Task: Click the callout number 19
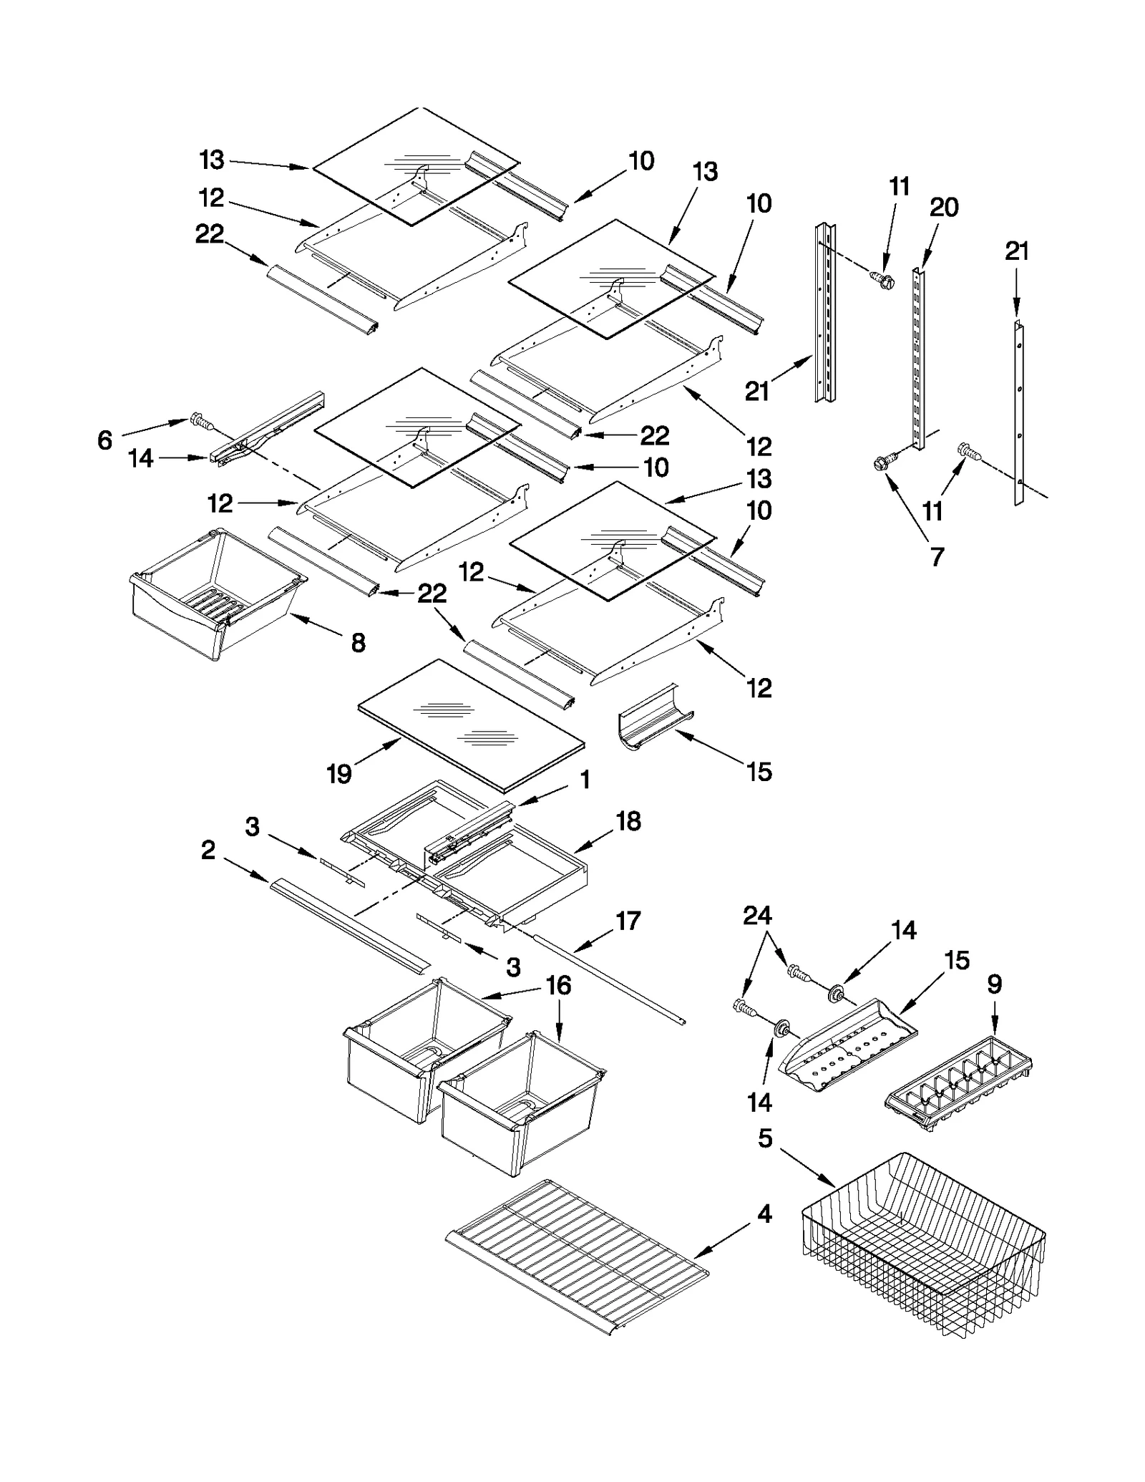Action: [338, 773]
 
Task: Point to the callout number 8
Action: [358, 642]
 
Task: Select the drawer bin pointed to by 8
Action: [215, 594]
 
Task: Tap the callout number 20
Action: [943, 208]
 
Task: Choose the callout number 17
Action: [628, 921]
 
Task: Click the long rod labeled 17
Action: [608, 977]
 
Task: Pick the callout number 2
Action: [208, 851]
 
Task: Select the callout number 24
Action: [757, 915]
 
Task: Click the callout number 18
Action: [628, 821]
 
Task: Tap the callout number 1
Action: [585, 779]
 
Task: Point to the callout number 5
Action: [765, 1138]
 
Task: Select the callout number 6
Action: [104, 440]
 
